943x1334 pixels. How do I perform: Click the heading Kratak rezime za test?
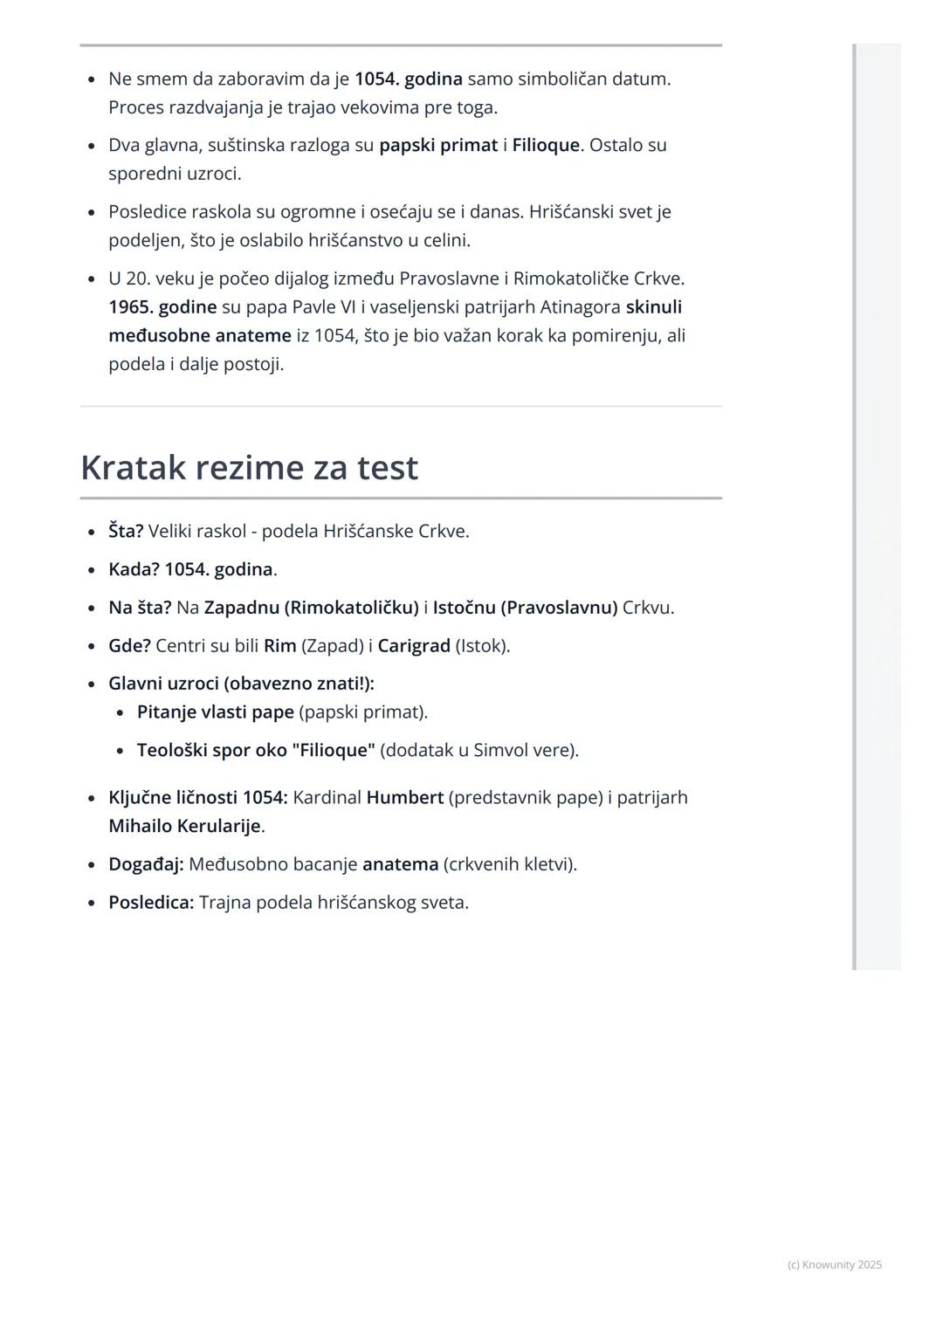249,468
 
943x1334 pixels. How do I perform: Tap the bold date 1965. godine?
162,307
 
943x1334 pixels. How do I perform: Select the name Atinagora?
580,307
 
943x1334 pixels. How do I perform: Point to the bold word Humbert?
404,797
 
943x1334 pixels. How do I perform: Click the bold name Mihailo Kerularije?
184,826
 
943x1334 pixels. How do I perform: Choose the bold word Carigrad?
414,646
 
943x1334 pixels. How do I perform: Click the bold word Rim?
279,646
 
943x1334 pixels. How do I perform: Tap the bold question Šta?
126,531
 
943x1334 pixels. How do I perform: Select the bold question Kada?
134,569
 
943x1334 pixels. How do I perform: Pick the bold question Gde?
129,646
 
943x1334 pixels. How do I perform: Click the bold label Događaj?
146,864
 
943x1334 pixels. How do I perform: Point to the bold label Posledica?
151,903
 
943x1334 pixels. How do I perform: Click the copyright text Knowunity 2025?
835,1265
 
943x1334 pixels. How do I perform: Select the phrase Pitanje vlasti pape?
215,712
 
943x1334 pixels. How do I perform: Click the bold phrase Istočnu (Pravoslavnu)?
525,608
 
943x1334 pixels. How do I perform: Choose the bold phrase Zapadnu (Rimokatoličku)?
311,608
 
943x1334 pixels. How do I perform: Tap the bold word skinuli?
653,307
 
